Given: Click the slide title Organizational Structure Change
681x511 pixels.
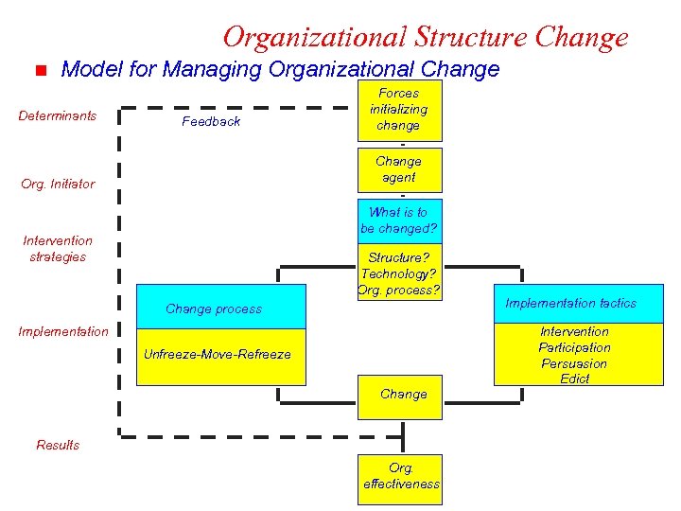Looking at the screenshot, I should [425, 37].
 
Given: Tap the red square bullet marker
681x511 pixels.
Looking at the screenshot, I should [40, 70].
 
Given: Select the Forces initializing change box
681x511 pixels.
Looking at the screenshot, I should [398, 110].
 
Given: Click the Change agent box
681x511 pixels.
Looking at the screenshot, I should [398, 169].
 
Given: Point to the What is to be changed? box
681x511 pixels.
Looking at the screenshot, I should [398, 220].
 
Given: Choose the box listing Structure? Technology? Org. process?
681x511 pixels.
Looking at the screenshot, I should [398, 273].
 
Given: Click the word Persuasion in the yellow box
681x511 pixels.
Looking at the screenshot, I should [574, 363].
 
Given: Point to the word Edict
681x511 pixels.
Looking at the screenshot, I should [574, 379].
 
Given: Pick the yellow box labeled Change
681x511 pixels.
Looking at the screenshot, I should [403, 394].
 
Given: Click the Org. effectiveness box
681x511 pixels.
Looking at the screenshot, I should [401, 476].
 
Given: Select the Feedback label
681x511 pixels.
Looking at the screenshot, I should [211, 121].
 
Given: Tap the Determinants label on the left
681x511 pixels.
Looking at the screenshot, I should [58, 116].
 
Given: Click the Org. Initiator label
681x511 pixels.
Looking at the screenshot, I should [58, 184].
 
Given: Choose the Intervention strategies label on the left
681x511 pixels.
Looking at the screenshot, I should [58, 249].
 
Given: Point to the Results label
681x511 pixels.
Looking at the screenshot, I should [58, 445].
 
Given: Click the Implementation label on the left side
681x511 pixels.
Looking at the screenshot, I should [63, 331].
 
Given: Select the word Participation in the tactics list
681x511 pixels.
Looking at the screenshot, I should [574, 347].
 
